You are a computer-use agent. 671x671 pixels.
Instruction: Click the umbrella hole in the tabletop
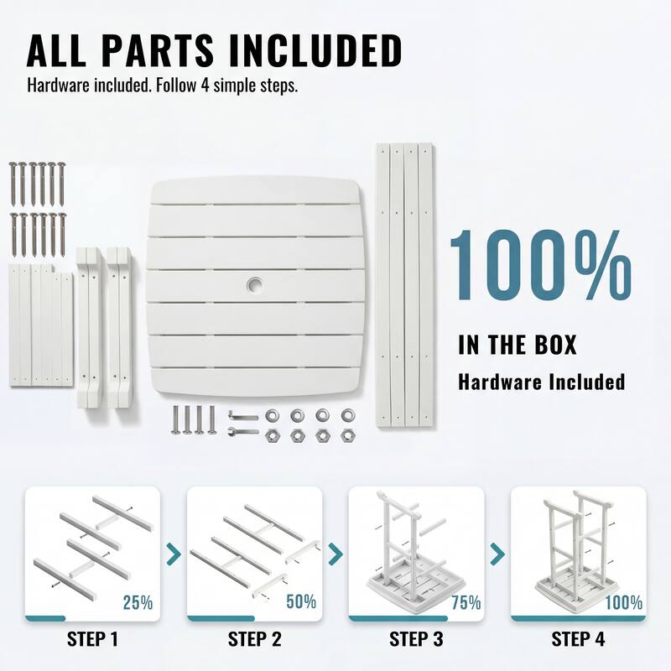[x=255, y=284]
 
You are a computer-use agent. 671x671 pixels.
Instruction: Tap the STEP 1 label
[x=92, y=639]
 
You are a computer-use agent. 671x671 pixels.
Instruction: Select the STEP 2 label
[x=255, y=639]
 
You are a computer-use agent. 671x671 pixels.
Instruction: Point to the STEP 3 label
[x=416, y=639]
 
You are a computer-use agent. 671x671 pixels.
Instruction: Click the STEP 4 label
[x=578, y=639]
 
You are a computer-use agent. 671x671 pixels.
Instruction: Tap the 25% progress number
[x=138, y=602]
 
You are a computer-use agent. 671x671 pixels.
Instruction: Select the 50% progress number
[x=301, y=601]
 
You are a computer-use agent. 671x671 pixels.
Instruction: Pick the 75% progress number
[x=466, y=602]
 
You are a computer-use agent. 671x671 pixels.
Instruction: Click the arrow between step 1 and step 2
[x=174, y=554]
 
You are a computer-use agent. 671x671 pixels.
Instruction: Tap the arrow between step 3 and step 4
[x=497, y=554]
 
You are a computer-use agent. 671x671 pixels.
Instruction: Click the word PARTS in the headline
[x=158, y=50]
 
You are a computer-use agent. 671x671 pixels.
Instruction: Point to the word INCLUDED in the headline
[x=315, y=50]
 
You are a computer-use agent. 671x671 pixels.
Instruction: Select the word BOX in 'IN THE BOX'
[x=556, y=345]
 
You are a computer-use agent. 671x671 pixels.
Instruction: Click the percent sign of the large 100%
[x=598, y=264]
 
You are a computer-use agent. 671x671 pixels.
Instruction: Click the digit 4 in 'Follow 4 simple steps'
[x=205, y=86]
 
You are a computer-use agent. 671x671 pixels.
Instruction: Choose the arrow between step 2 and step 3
[x=335, y=554]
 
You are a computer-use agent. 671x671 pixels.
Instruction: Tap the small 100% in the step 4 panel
[x=623, y=602]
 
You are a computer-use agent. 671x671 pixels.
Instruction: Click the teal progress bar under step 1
[x=45, y=618]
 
